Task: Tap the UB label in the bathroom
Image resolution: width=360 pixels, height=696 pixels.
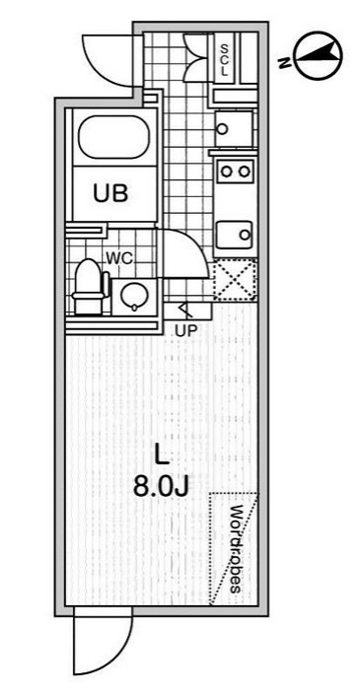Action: (110, 193)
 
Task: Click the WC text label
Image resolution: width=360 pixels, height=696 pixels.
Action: (118, 258)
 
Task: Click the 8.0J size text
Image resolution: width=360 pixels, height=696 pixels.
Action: (162, 485)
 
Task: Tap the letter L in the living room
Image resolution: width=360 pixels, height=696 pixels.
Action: (162, 454)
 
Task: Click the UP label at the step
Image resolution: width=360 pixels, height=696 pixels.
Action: (184, 331)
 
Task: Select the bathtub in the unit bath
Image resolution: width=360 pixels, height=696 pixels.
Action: (110, 141)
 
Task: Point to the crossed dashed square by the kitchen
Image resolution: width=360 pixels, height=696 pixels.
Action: (235, 279)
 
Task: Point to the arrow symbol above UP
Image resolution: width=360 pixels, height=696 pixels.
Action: (183, 313)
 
